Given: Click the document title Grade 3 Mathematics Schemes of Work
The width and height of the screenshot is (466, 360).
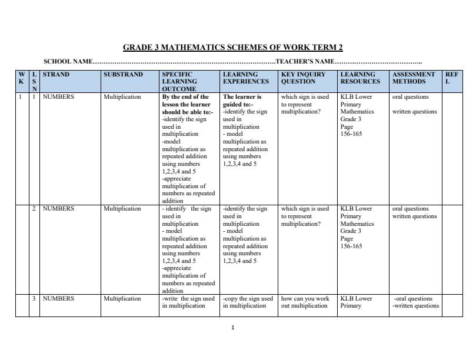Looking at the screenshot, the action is tap(232, 48).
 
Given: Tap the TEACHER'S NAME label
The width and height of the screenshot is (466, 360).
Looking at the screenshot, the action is tap(305, 61).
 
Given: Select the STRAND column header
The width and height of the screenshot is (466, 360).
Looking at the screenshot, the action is tap(56, 75).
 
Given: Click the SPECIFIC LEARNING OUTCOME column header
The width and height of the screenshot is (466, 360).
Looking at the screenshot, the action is tap(179, 81).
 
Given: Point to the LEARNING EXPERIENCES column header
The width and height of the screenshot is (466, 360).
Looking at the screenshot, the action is tap(246, 78).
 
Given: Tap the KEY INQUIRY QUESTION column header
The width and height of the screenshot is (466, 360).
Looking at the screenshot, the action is tap(303, 78).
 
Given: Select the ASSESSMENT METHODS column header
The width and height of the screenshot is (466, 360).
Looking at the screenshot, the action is tap(414, 78).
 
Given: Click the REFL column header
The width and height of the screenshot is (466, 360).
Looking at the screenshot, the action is tap(451, 78).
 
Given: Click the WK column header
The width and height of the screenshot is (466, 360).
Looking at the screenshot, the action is tap(22, 78).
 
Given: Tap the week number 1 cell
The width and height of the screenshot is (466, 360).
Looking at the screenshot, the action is tap(21, 97).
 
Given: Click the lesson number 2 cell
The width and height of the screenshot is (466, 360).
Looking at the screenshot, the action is tap(34, 209).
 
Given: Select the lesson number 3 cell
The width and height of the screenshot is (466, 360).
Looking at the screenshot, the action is tap(34, 299).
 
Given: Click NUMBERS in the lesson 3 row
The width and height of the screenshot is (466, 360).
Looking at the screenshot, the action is tap(58, 299).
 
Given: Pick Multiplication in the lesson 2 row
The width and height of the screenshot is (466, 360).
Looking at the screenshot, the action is tap(122, 209).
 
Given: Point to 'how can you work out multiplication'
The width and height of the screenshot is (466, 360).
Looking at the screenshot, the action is tap(305, 302).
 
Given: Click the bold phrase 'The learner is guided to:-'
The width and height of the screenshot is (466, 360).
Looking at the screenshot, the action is tap(242, 101).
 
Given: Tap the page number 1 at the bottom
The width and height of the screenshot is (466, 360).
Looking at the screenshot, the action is tap(233, 327).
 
